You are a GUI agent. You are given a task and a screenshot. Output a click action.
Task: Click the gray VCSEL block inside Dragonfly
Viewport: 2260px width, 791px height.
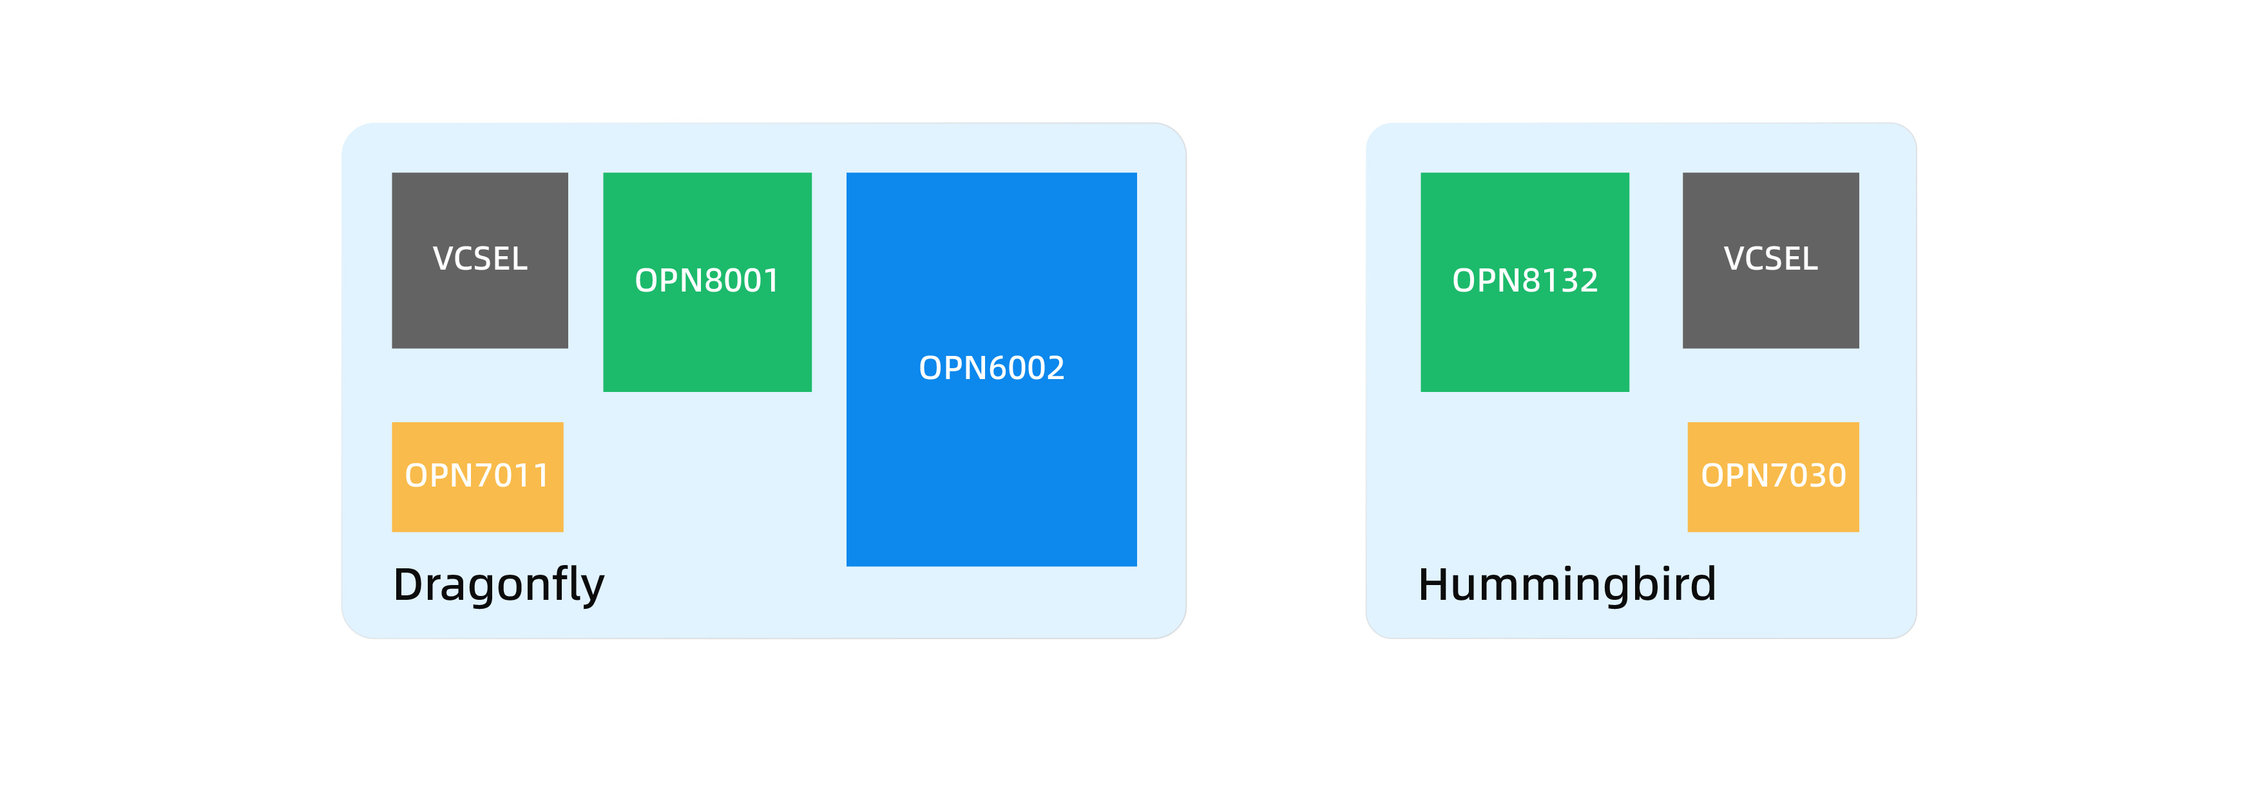tap(480, 261)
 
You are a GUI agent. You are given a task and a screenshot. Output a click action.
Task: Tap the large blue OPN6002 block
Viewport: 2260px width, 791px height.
tap(991, 369)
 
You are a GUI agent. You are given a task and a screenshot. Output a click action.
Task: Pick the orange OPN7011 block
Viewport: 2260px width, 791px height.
tap(477, 477)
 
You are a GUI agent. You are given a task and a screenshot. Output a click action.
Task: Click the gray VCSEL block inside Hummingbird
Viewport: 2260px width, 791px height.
tap(1770, 261)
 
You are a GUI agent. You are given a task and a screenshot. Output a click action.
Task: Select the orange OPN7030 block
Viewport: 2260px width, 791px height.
tap(1773, 477)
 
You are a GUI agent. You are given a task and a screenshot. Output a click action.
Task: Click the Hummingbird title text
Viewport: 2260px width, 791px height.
tap(1567, 584)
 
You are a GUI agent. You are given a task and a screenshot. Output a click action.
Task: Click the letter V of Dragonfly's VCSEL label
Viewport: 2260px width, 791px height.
tap(443, 259)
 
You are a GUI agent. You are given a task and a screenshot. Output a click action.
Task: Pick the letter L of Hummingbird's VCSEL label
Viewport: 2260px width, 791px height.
tap(1810, 259)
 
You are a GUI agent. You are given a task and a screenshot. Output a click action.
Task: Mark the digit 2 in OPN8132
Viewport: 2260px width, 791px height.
tap(1589, 281)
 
